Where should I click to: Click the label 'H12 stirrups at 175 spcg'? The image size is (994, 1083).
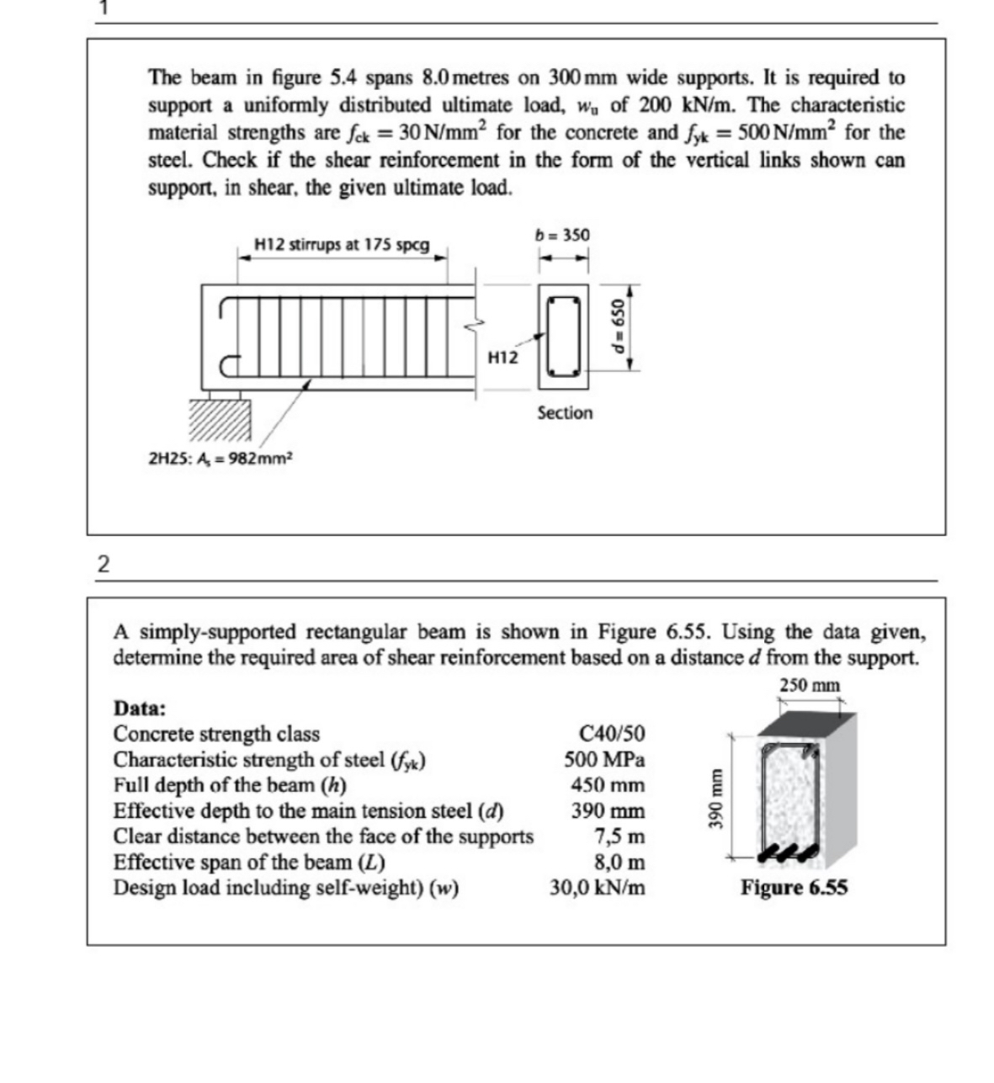click(x=342, y=245)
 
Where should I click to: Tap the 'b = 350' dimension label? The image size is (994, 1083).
click(x=562, y=235)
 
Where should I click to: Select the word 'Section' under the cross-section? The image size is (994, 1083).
click(x=565, y=413)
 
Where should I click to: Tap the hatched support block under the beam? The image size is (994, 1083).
click(x=219, y=419)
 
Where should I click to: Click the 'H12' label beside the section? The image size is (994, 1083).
click(x=502, y=358)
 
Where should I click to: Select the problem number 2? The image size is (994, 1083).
click(x=103, y=565)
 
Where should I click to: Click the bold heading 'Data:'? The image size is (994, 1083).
click(x=140, y=708)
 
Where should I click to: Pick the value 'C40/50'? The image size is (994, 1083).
click(x=613, y=734)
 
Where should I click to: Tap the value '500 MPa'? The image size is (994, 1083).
click(x=604, y=760)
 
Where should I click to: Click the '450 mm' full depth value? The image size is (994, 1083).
click(x=608, y=786)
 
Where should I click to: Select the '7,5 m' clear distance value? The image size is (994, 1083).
click(x=619, y=837)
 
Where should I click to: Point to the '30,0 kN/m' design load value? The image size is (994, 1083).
click(x=598, y=889)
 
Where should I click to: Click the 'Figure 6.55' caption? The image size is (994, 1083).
click(x=794, y=888)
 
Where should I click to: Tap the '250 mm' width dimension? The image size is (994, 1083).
click(x=809, y=686)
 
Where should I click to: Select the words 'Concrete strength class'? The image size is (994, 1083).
click(x=216, y=734)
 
